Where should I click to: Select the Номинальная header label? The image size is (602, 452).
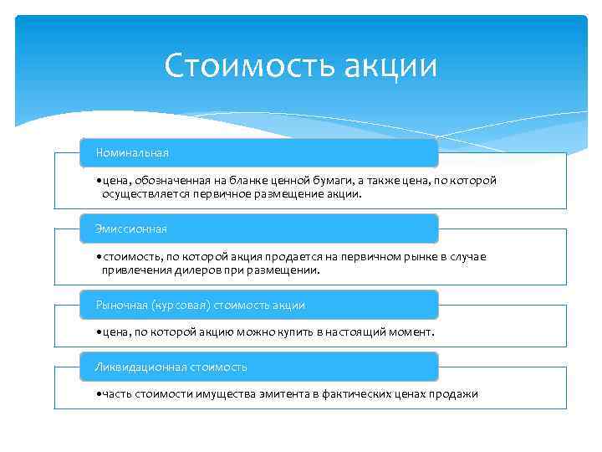[132, 152]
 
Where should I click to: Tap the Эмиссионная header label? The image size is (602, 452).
[131, 229]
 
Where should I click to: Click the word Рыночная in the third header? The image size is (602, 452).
[122, 306]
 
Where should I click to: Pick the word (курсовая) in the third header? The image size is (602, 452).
[181, 306]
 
